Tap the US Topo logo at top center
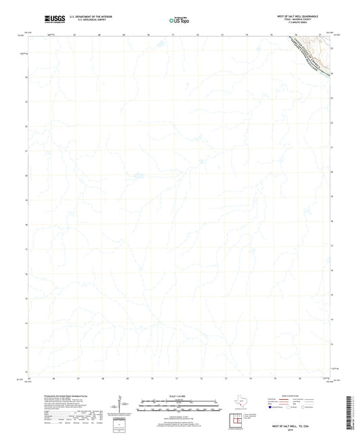pyautogui.click(x=179, y=20)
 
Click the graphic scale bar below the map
pyautogui.click(x=179, y=405)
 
